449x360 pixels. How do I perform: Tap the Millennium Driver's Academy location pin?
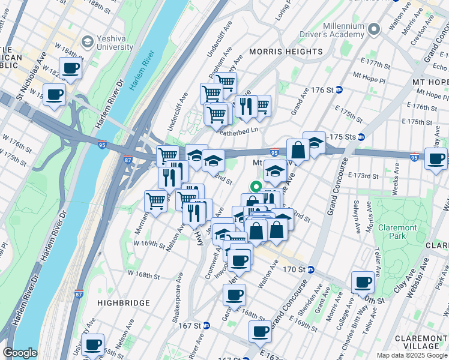pos(375,29)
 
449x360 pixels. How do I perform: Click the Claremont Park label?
pos(396,232)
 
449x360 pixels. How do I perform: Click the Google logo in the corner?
pos(20,353)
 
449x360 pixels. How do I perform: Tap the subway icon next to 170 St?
pos(311,269)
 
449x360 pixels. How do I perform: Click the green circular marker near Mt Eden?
pos(255,187)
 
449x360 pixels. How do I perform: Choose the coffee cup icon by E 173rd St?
pos(436,158)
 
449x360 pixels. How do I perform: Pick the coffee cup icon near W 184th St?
pos(70,68)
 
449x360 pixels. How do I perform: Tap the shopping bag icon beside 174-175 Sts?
pos(298,150)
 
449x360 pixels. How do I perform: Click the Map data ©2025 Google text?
pos(411,355)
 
